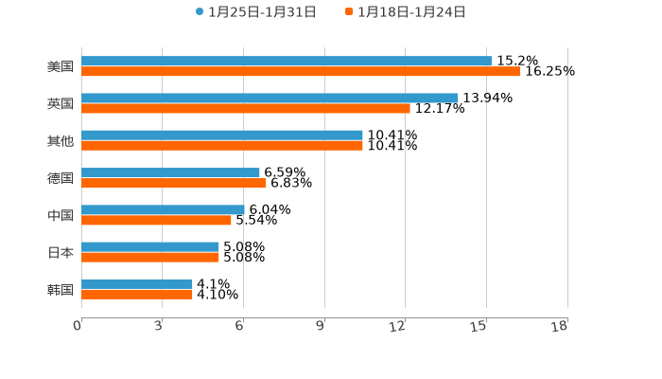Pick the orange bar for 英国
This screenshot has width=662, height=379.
[246, 109]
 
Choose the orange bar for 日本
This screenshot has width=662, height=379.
[150, 258]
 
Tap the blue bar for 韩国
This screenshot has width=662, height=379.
[137, 284]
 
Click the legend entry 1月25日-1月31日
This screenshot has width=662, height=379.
[256, 12]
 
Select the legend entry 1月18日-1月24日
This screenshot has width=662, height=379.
[406, 12]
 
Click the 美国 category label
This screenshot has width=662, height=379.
[61, 67]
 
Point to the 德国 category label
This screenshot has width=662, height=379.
[61, 178]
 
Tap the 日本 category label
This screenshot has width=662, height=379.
[61, 253]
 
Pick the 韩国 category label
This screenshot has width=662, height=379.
[61, 290]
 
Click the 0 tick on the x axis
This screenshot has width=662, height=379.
[78, 326]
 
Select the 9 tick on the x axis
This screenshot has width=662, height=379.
[321, 326]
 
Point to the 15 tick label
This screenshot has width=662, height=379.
[479, 326]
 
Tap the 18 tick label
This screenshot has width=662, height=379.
[560, 326]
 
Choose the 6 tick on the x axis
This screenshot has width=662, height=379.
[240, 326]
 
